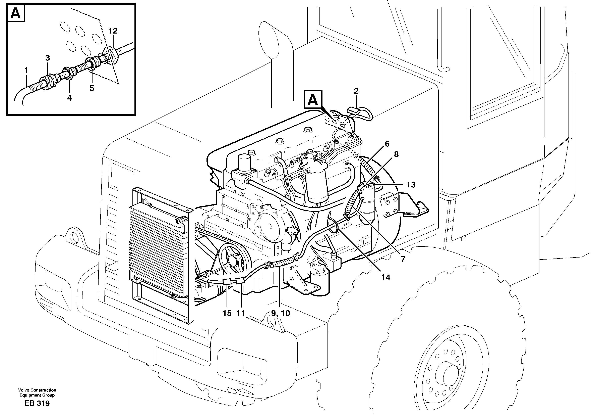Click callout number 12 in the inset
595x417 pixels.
point(113,31)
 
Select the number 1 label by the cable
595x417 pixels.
point(26,70)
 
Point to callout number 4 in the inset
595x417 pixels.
point(69,98)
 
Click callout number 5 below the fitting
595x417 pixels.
point(92,88)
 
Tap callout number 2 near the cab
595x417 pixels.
point(356,91)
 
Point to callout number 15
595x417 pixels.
point(227,313)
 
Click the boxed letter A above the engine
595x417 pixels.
point(313,100)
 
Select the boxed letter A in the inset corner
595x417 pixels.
point(16,13)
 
